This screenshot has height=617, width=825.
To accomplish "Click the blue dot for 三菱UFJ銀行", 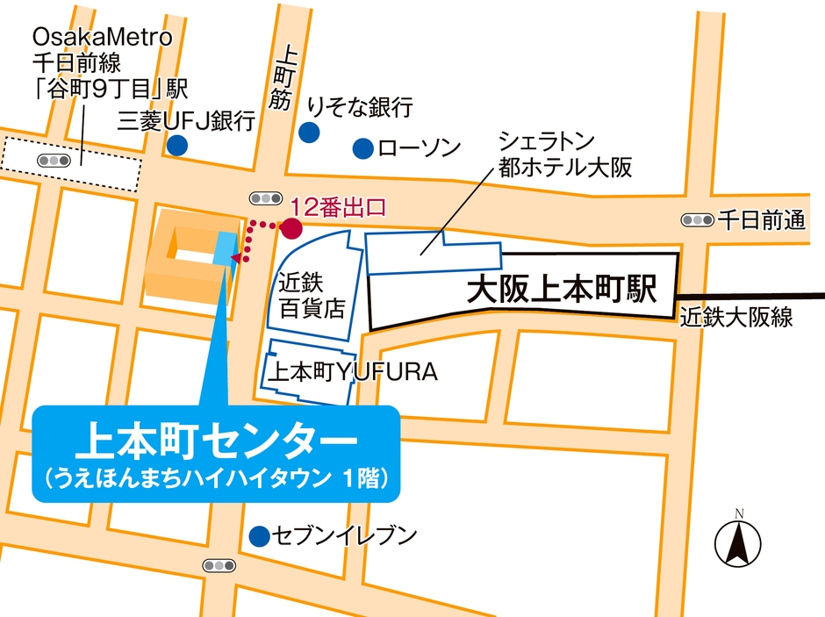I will click(178, 145).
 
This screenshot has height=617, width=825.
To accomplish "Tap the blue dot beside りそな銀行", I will click(308, 133).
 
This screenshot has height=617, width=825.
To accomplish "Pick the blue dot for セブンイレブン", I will click(258, 534).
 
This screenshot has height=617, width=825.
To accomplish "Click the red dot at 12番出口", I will click(292, 229).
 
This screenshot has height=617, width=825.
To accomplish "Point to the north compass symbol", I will click(738, 541).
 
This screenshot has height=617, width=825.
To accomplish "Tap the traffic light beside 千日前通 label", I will click(698, 220).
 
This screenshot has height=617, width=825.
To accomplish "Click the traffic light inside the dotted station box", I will click(54, 161).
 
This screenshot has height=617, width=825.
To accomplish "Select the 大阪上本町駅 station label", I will click(562, 290).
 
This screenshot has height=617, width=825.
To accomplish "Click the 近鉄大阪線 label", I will click(736, 318).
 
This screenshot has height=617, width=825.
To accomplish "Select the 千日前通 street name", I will click(761, 220).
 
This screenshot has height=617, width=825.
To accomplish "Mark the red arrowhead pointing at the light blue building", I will click(234, 257).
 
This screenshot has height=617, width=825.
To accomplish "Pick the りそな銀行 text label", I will click(360, 107).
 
